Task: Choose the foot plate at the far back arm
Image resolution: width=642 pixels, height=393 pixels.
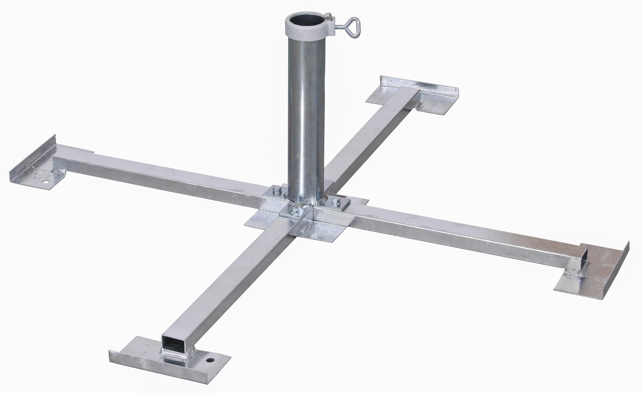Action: click(414, 96)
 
